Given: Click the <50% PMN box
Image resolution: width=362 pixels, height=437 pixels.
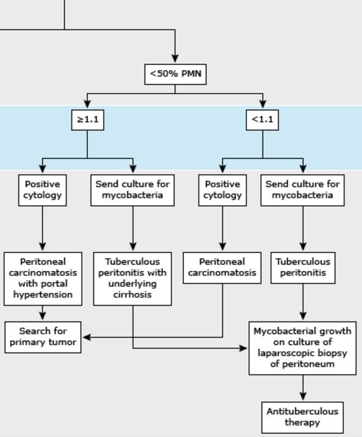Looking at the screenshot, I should click(x=175, y=75).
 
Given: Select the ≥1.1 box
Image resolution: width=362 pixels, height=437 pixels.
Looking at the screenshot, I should click(x=87, y=119).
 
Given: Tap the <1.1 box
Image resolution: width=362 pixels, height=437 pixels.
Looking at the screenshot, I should click(x=263, y=119).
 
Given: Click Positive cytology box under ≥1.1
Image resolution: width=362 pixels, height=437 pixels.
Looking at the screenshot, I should click(x=42, y=190).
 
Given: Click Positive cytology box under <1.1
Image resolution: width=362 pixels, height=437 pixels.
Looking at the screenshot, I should click(x=222, y=190).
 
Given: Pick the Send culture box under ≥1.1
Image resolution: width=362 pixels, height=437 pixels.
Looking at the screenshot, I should click(x=133, y=190).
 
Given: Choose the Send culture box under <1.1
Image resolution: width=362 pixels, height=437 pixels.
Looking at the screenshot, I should click(x=303, y=190).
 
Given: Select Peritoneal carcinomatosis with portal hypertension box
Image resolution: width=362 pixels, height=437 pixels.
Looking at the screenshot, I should click(x=42, y=278).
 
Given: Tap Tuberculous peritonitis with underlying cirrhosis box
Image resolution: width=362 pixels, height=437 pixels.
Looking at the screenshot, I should click(x=132, y=278).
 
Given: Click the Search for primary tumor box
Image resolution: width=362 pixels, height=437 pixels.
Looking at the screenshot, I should click(x=43, y=337).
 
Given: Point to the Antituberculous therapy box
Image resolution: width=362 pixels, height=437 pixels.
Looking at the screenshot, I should click(x=302, y=417).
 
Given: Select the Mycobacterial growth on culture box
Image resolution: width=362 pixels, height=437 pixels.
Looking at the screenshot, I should click(x=302, y=348).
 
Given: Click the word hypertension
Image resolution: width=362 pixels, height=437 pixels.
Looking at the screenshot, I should click(x=42, y=295).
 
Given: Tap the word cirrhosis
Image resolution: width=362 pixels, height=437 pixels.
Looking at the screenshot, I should click(x=132, y=295).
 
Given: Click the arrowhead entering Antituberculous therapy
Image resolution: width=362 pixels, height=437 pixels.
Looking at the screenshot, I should click(x=303, y=397).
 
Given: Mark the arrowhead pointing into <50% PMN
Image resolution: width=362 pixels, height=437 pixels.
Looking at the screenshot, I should click(x=175, y=60).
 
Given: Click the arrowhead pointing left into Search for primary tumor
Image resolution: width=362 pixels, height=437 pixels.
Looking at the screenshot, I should click(x=86, y=337).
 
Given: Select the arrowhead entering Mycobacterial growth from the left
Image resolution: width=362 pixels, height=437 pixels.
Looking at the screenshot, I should click(x=245, y=348).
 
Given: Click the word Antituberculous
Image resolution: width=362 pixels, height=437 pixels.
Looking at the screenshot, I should click(x=302, y=411).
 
